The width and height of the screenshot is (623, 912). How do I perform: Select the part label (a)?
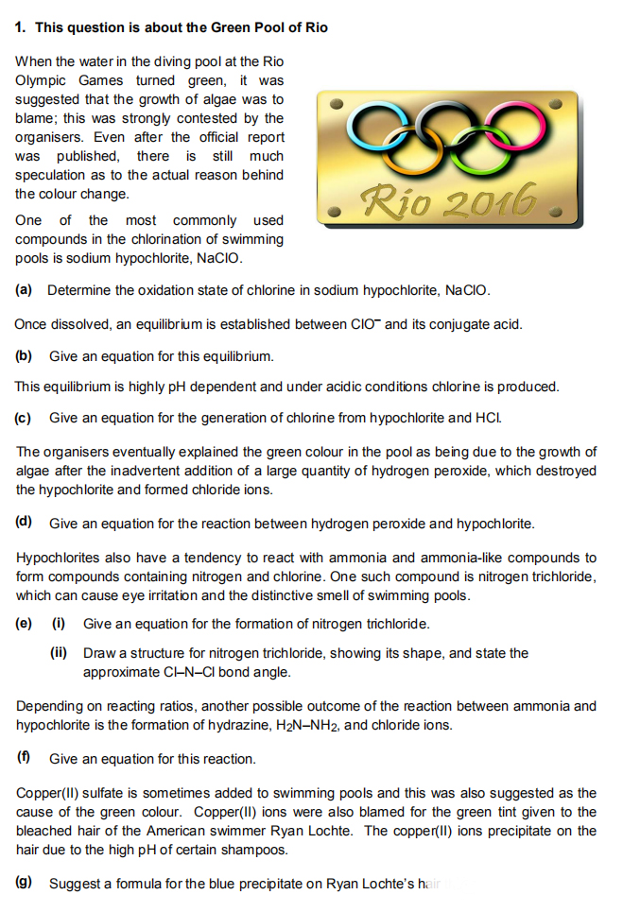(25, 289)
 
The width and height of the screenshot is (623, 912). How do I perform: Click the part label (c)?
(25, 417)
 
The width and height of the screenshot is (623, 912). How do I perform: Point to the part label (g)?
(25, 883)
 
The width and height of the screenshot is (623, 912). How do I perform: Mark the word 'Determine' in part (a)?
(78, 289)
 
